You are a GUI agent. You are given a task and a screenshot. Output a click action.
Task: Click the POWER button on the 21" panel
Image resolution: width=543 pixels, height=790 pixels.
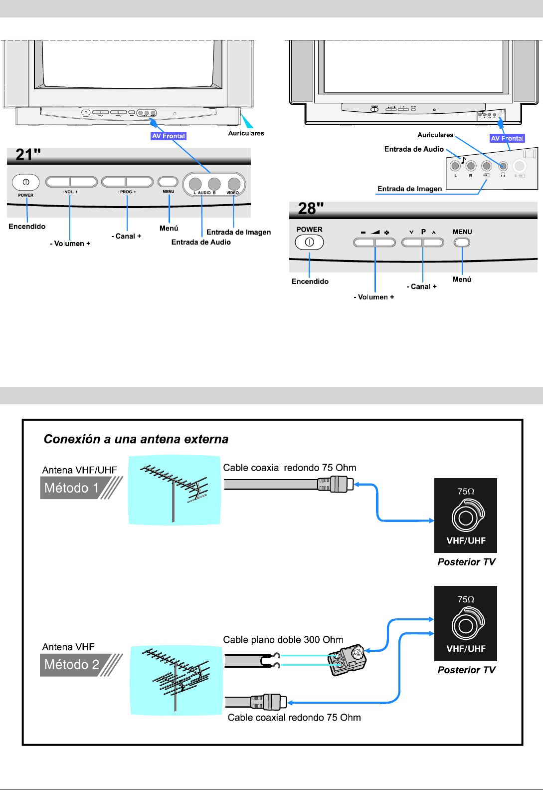click(x=26, y=182)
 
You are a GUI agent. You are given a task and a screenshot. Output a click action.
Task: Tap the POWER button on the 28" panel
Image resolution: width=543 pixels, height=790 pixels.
click(x=309, y=242)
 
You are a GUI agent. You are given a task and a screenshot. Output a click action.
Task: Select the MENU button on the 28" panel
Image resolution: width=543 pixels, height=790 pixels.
click(x=462, y=243)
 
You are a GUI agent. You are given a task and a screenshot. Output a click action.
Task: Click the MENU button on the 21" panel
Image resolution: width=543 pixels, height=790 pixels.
click(x=168, y=182)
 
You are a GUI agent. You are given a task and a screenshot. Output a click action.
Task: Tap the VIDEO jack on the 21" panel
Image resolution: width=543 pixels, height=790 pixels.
click(x=234, y=184)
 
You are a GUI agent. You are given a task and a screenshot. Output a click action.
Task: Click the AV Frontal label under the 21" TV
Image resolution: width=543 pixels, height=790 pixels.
click(x=169, y=136)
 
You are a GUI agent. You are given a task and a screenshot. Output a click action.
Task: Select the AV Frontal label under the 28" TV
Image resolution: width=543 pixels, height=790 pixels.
click(x=507, y=138)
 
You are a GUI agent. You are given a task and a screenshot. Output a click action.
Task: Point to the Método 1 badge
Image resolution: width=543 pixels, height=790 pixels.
click(x=72, y=488)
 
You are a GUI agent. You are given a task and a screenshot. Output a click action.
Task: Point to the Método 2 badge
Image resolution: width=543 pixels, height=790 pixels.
click(x=72, y=665)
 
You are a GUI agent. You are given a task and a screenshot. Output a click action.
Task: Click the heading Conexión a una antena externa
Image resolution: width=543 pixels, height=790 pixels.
click(x=136, y=439)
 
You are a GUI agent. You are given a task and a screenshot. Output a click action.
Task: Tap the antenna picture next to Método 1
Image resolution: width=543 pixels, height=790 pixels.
click(x=174, y=490)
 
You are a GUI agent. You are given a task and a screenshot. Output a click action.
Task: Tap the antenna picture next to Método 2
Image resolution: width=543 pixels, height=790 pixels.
click(x=176, y=680)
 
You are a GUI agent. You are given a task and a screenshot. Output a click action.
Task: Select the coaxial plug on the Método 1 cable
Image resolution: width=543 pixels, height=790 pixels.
click(x=336, y=484)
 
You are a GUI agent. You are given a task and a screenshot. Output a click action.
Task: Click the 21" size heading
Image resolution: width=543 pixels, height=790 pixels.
click(x=28, y=155)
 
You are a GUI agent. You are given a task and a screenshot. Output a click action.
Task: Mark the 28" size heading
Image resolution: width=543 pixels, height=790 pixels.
click(x=311, y=208)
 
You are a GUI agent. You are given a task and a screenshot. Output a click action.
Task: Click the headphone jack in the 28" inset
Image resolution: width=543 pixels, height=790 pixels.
click(x=503, y=166)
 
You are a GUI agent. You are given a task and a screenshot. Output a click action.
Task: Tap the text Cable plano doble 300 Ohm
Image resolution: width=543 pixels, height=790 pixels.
click(x=283, y=640)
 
